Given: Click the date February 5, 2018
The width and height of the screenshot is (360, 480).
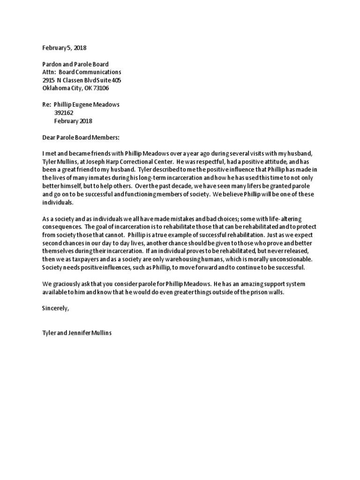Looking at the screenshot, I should point(64,48).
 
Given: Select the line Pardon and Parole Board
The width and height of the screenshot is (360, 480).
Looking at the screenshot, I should point(75,64).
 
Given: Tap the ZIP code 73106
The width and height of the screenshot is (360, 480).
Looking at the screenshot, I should point(101,88).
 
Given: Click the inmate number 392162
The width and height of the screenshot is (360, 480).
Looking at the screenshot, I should point(64,112).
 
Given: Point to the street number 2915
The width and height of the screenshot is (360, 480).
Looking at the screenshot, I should point(48,80).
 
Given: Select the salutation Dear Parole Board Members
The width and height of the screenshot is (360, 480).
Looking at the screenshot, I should point(81,137).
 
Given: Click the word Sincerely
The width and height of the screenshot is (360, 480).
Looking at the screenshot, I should point(55,308).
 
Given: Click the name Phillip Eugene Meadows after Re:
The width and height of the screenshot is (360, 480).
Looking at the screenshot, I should point(90,105).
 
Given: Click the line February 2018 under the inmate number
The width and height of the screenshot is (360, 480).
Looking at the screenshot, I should point(73,120).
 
